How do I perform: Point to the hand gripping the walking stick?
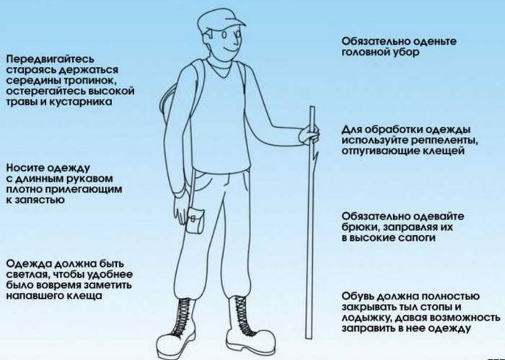click(x=310, y=133)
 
